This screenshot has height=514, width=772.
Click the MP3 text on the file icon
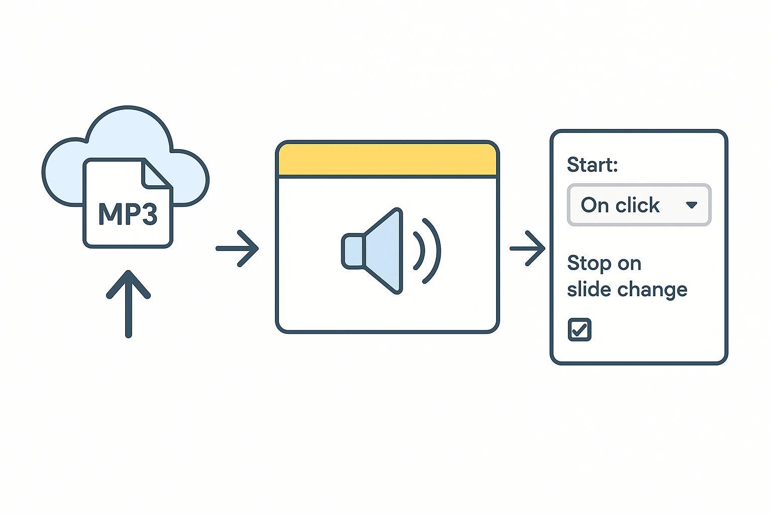[x=128, y=214]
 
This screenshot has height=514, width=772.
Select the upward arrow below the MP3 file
[x=128, y=304]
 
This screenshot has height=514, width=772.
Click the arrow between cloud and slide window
[x=237, y=248]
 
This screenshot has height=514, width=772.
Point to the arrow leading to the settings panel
[x=528, y=248]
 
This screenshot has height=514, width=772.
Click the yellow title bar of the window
[x=387, y=160]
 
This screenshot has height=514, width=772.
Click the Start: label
[x=592, y=165]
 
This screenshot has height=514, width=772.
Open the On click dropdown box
[x=638, y=205]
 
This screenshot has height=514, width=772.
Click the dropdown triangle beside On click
[x=692, y=205]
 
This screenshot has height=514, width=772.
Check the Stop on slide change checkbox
[x=579, y=330]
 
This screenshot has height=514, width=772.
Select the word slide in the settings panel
[x=583, y=290]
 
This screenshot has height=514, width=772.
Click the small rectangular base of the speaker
[x=352, y=250]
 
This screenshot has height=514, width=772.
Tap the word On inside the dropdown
[x=595, y=205]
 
